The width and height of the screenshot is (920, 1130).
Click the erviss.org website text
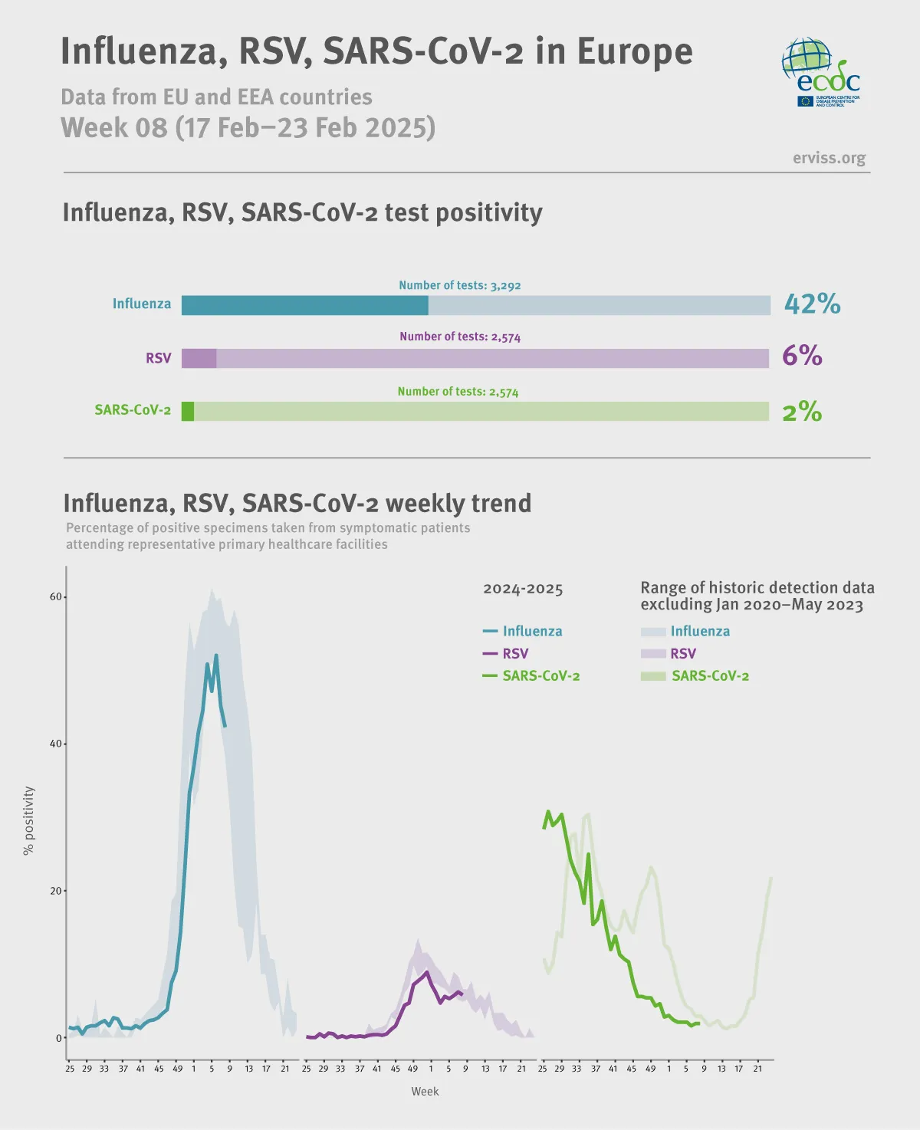point(829,158)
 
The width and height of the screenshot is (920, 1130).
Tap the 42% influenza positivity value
point(812,304)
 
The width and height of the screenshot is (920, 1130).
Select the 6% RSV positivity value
point(802,356)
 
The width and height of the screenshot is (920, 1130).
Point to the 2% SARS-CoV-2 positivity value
point(802,412)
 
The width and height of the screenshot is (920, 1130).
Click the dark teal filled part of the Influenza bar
point(304,305)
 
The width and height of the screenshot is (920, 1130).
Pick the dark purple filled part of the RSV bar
point(199,358)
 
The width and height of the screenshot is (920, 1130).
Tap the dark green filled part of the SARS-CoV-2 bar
point(188,411)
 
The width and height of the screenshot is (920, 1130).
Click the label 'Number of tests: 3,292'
point(459,285)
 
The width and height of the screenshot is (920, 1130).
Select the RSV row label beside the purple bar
point(159,358)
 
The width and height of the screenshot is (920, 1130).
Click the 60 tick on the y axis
point(56,596)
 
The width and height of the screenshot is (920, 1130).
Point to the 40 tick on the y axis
point(56,744)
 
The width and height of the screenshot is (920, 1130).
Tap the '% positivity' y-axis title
point(29,820)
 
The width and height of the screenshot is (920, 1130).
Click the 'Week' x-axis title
point(425,1091)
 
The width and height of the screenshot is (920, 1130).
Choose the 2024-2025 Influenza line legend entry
point(523,631)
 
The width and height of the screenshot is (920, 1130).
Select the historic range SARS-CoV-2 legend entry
point(695,675)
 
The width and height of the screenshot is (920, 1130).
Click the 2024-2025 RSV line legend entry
point(506,653)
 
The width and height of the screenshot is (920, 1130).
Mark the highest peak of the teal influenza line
point(216,655)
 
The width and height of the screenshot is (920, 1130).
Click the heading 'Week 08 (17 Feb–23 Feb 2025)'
point(248,127)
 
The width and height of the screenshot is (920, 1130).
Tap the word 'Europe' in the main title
point(634,51)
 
